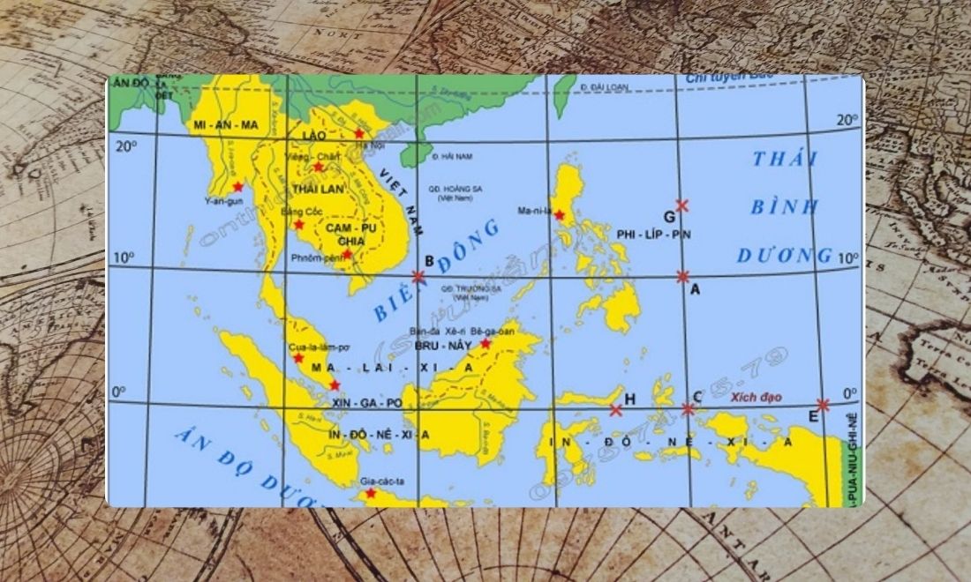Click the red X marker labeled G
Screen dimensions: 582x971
pyautogui.click(x=681, y=205)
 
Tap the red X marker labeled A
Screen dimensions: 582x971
pyautogui.click(x=683, y=277)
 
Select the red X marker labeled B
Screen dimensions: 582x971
pyautogui.click(x=418, y=277)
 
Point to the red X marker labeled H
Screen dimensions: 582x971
pyautogui.click(x=615, y=410)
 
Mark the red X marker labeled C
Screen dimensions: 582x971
pyautogui.click(x=688, y=409)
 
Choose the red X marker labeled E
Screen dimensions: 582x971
pyautogui.click(x=823, y=406)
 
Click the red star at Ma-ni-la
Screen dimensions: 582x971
pyautogui.click(x=560, y=215)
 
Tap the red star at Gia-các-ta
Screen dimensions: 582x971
pyautogui.click(x=371, y=494)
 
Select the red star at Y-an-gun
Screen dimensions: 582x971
pyautogui.click(x=237, y=187)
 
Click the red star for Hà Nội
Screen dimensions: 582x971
pyautogui.click(x=358, y=133)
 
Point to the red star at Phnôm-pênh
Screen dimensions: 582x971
pyautogui.click(x=347, y=255)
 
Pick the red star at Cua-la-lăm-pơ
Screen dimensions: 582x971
pyautogui.click(x=298, y=358)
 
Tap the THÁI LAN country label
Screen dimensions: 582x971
pyautogui.click(x=317, y=189)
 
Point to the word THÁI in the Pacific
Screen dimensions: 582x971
pyautogui.click(x=785, y=160)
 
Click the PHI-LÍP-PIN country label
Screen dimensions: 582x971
pyautogui.click(x=653, y=235)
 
